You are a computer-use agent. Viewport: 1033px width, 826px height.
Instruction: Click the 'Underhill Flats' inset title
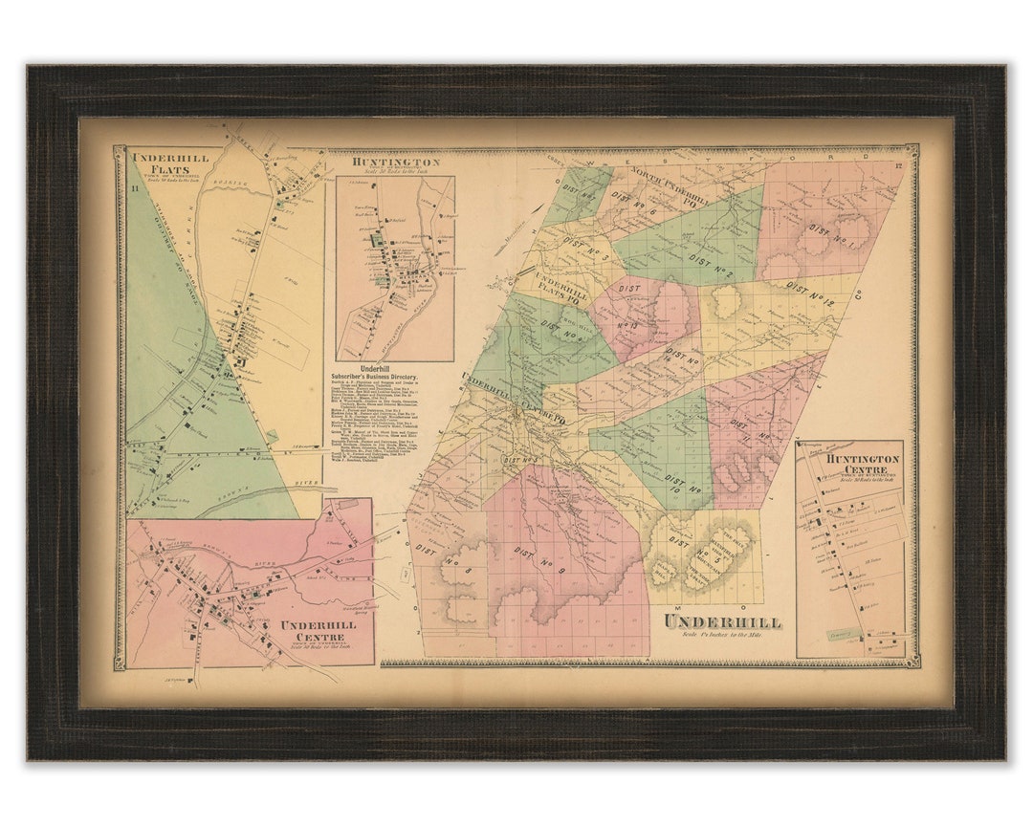[165, 164]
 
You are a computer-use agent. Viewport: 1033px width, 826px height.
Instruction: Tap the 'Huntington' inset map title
[395, 163]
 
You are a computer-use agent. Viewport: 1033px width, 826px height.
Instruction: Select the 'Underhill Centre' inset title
[318, 630]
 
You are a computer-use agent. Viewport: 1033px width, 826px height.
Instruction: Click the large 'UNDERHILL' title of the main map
[722, 622]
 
